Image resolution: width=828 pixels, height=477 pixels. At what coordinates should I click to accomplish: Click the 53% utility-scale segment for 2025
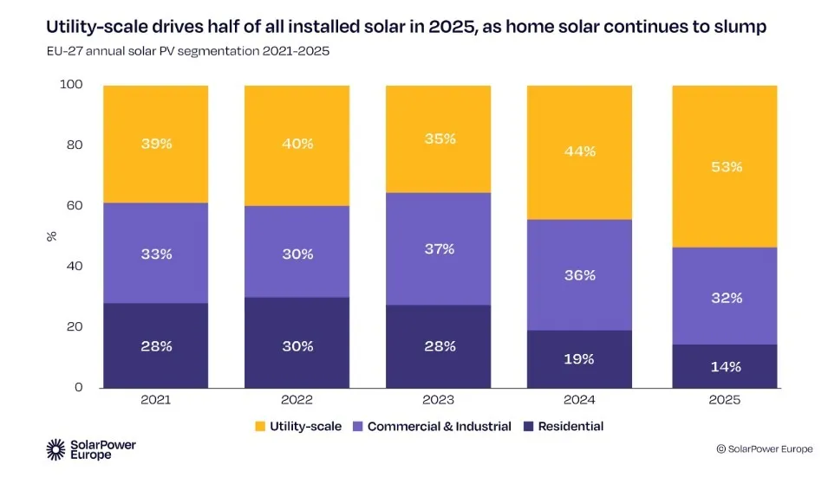[725, 166]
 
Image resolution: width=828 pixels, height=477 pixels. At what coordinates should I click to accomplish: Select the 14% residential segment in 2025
[725, 365]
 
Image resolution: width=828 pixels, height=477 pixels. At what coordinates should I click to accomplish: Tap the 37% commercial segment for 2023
[439, 248]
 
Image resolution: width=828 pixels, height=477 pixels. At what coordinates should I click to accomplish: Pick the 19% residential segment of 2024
[580, 358]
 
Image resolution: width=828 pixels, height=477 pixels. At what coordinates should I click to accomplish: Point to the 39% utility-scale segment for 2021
[156, 144]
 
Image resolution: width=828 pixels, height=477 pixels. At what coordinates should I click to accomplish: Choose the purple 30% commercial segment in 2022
[297, 254]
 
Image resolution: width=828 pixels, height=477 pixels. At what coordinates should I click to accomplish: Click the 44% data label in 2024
[580, 151]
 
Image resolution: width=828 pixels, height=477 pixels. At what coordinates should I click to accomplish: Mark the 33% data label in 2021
[156, 255]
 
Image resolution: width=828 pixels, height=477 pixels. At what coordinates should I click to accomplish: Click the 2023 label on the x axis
[439, 400]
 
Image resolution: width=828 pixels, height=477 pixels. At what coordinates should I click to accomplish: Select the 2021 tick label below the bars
[156, 400]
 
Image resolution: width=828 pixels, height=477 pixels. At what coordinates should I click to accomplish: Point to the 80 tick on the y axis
[74, 145]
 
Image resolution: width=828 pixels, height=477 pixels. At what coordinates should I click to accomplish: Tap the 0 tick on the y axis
[78, 387]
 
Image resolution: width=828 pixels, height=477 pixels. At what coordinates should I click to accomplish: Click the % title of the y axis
[50, 235]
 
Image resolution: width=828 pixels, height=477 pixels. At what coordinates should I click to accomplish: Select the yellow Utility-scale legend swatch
[259, 426]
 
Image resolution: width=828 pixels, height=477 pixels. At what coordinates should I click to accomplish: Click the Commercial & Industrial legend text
[440, 426]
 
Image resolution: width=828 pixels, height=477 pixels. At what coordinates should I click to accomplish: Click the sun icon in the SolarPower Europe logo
[56, 448]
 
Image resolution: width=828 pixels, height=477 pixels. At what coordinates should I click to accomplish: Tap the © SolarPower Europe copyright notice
[765, 448]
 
